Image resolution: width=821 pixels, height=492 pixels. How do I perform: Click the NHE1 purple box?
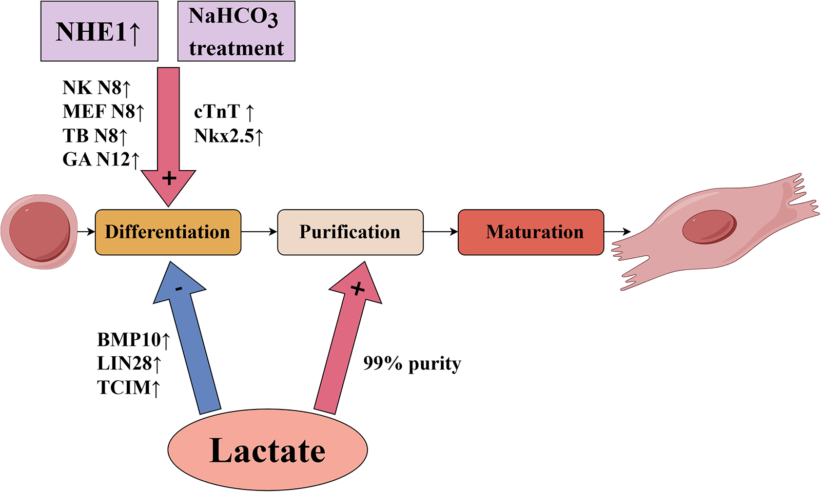(99, 32)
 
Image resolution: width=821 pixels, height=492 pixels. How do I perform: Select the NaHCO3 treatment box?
(236, 32)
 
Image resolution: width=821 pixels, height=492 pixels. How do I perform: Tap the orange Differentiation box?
(168, 232)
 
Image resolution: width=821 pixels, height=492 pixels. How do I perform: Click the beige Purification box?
(350, 232)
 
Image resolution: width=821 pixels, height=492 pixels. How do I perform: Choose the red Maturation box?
(531, 232)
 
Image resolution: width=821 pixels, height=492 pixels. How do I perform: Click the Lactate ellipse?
(267, 450)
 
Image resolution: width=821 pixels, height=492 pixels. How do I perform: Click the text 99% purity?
(412, 363)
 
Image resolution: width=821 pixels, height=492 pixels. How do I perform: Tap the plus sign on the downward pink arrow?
(169, 178)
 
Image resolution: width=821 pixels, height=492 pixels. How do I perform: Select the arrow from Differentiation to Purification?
(259, 232)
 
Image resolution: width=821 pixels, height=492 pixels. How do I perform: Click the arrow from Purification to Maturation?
(440, 232)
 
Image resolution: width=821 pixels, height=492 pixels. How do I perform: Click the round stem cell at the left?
(40, 232)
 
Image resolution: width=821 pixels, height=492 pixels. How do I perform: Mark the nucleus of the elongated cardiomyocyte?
(709, 227)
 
